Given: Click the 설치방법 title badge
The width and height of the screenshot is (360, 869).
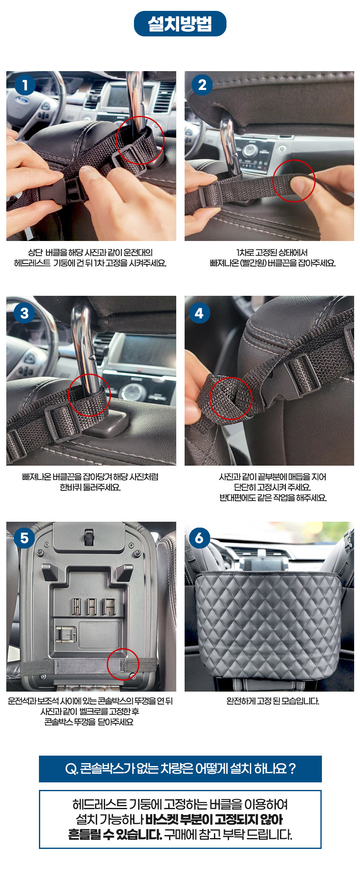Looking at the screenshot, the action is coord(180,23).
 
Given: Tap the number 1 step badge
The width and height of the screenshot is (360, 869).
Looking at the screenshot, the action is coord(25,85).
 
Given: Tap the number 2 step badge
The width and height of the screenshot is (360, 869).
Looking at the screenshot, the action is coord(202,85).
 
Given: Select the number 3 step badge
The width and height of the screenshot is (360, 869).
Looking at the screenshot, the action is coord(25,313).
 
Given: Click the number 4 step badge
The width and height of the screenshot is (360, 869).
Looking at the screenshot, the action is coord(199,313).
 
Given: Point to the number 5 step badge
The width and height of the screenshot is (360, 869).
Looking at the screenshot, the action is coord(25,538).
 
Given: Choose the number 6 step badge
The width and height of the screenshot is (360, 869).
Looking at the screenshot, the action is coord(199,538).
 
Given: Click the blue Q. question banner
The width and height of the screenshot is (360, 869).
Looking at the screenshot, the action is coord(180,769).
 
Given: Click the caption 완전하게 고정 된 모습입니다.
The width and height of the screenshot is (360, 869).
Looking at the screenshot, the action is coord(273,701).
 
